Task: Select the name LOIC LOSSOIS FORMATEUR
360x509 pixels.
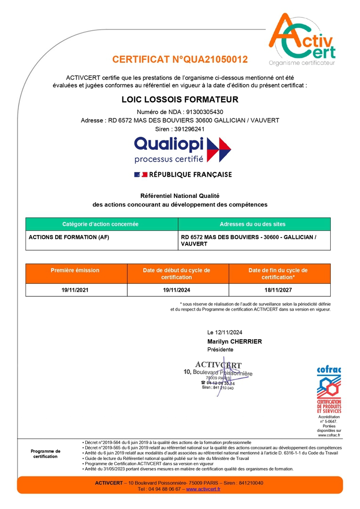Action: click(180, 99)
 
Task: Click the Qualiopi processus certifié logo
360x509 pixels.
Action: click(182, 150)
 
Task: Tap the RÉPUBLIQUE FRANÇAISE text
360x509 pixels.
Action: click(190, 174)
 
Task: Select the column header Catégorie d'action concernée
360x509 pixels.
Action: click(100, 224)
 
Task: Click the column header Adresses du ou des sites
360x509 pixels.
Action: click(253, 224)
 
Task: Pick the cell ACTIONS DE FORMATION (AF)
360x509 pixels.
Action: click(69, 237)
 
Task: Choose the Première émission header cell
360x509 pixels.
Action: click(75, 270)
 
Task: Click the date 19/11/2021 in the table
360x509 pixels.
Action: click(75, 290)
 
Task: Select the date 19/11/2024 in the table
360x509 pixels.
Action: click(177, 290)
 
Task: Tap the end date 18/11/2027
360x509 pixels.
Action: click(278, 290)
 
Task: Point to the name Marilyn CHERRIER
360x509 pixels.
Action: click(234, 341)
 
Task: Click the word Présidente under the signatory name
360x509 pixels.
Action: click(220, 350)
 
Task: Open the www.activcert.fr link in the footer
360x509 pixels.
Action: click(203, 489)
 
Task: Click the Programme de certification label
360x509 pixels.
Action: click(46, 453)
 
